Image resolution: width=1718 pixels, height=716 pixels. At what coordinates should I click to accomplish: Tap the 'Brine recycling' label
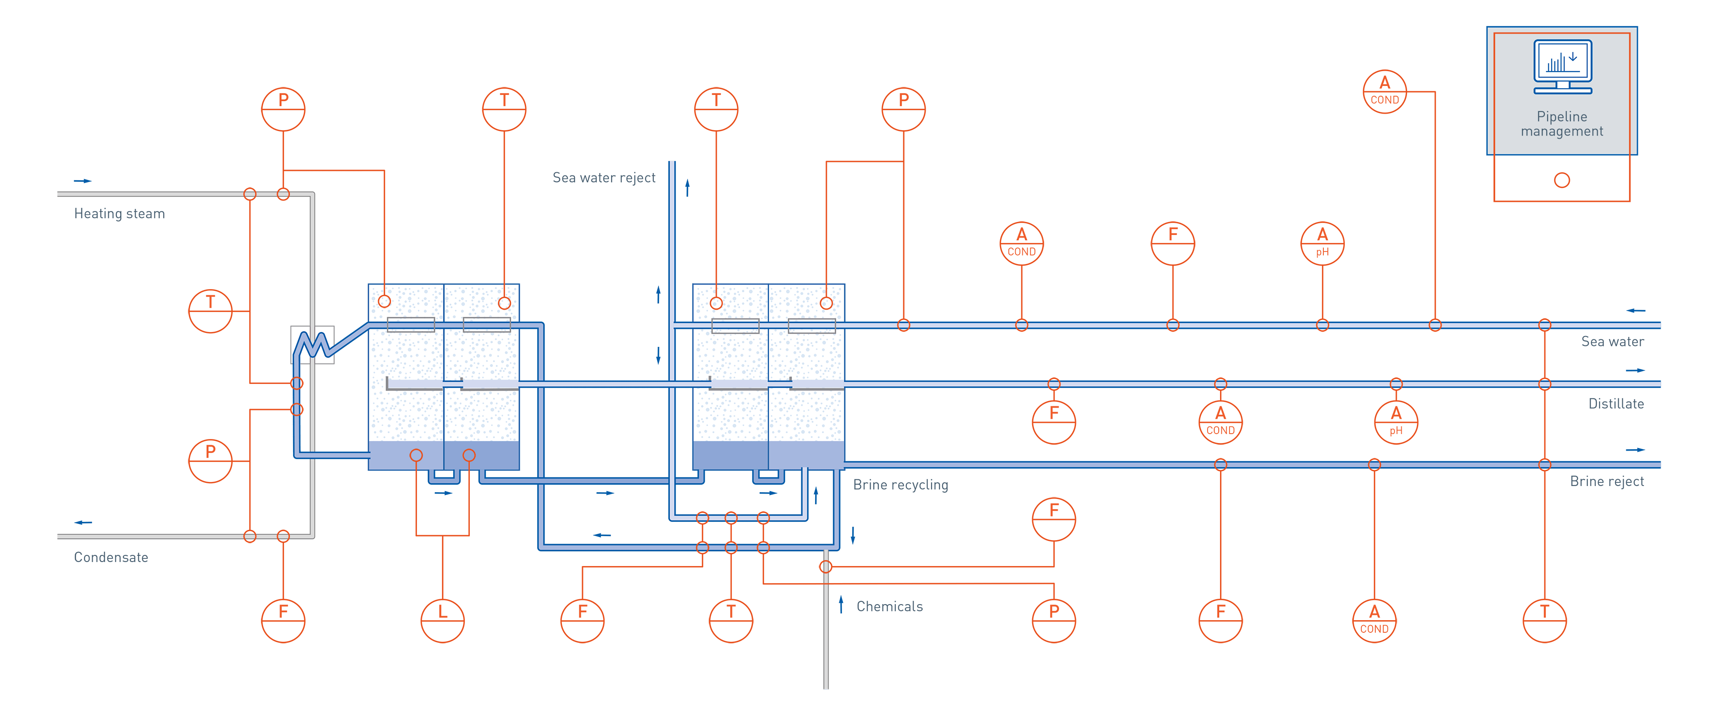[900, 485]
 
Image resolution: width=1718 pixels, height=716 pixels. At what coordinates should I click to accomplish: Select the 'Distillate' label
[1616, 404]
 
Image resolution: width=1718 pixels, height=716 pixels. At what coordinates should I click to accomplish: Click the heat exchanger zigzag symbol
[312, 344]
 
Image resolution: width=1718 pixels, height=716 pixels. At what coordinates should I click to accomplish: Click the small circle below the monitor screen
[1562, 180]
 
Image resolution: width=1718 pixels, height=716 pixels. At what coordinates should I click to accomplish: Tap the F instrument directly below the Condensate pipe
[284, 621]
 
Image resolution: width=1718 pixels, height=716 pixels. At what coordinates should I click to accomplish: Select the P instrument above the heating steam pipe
[284, 110]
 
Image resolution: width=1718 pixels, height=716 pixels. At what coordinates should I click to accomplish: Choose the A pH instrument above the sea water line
[1323, 243]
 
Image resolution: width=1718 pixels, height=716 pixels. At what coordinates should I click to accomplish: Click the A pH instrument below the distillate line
[1396, 422]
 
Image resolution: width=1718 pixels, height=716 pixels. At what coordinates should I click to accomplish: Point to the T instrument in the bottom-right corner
[1544, 621]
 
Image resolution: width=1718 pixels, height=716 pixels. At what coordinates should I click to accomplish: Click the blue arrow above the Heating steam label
[83, 181]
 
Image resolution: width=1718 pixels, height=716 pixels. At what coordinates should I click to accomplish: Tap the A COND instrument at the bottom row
[1374, 621]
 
